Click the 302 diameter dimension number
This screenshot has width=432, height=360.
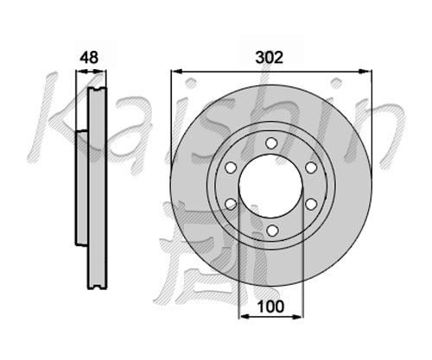pos(270,58)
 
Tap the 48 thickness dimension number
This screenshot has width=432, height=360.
pos(89,58)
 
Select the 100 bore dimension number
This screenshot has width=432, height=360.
pos(270,306)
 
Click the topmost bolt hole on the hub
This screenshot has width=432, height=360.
pos(271,143)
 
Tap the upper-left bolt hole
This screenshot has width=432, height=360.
pos(231,167)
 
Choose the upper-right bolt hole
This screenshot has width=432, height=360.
pos(311,167)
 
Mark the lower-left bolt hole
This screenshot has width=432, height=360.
pos(231,205)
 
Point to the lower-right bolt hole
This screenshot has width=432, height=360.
pos(311,205)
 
